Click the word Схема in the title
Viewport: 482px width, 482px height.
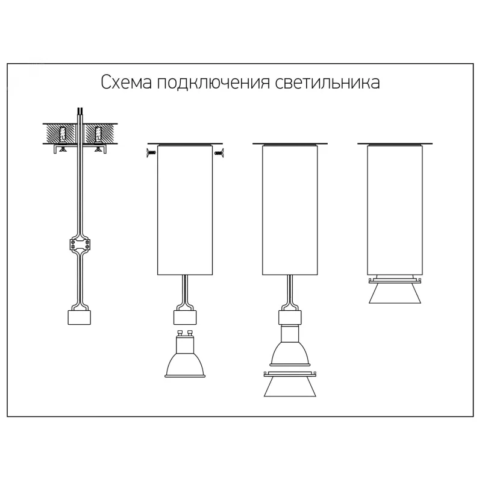(x=127, y=83)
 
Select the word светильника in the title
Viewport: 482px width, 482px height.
(x=328, y=83)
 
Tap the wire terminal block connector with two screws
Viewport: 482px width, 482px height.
(x=80, y=245)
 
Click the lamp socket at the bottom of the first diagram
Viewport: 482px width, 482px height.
(x=80, y=318)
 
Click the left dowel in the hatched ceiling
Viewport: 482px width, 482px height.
(x=63, y=134)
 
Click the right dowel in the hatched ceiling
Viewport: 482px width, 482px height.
(x=98, y=134)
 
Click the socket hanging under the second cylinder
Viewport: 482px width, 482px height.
(x=185, y=318)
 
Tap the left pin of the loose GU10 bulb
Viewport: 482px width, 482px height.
(x=180, y=333)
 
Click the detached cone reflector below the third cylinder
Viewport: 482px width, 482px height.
(x=290, y=384)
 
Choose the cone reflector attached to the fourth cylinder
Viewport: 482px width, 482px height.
(x=395, y=290)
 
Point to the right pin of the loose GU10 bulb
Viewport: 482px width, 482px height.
(x=190, y=333)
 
